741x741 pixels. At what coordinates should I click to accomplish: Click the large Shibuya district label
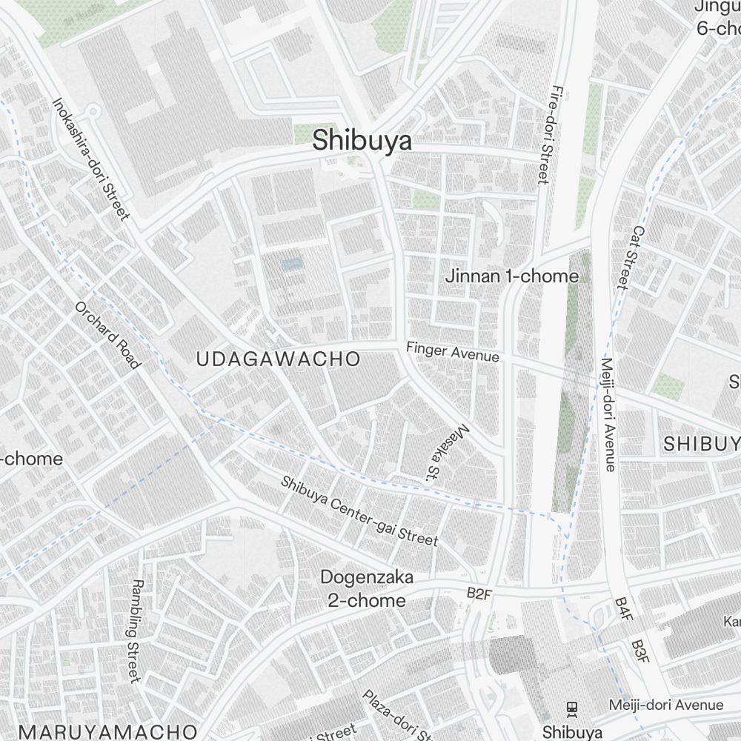pyautogui.click(x=362, y=140)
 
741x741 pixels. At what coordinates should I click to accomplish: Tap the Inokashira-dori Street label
pyautogui.click(x=90, y=159)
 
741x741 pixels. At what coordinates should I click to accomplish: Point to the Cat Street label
pyautogui.click(x=630, y=257)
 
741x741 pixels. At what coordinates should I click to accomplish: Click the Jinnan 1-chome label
pyautogui.click(x=511, y=276)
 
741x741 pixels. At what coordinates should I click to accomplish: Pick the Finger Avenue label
pyautogui.click(x=452, y=350)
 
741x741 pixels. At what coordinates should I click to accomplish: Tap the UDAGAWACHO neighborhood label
pyautogui.click(x=278, y=359)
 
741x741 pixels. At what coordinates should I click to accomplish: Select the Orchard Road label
pyautogui.click(x=107, y=335)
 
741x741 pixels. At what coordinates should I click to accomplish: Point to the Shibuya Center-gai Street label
pyautogui.click(x=359, y=511)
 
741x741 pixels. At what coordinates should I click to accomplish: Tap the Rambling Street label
pyautogui.click(x=134, y=631)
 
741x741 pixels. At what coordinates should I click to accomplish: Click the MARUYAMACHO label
pyautogui.click(x=108, y=731)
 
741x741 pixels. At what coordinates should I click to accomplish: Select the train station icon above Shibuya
pyautogui.click(x=571, y=708)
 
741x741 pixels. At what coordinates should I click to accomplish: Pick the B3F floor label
pyautogui.click(x=640, y=653)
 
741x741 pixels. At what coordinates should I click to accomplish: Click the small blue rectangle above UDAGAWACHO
pyautogui.click(x=293, y=264)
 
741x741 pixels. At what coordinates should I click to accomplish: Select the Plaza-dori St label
pyautogui.click(x=396, y=715)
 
